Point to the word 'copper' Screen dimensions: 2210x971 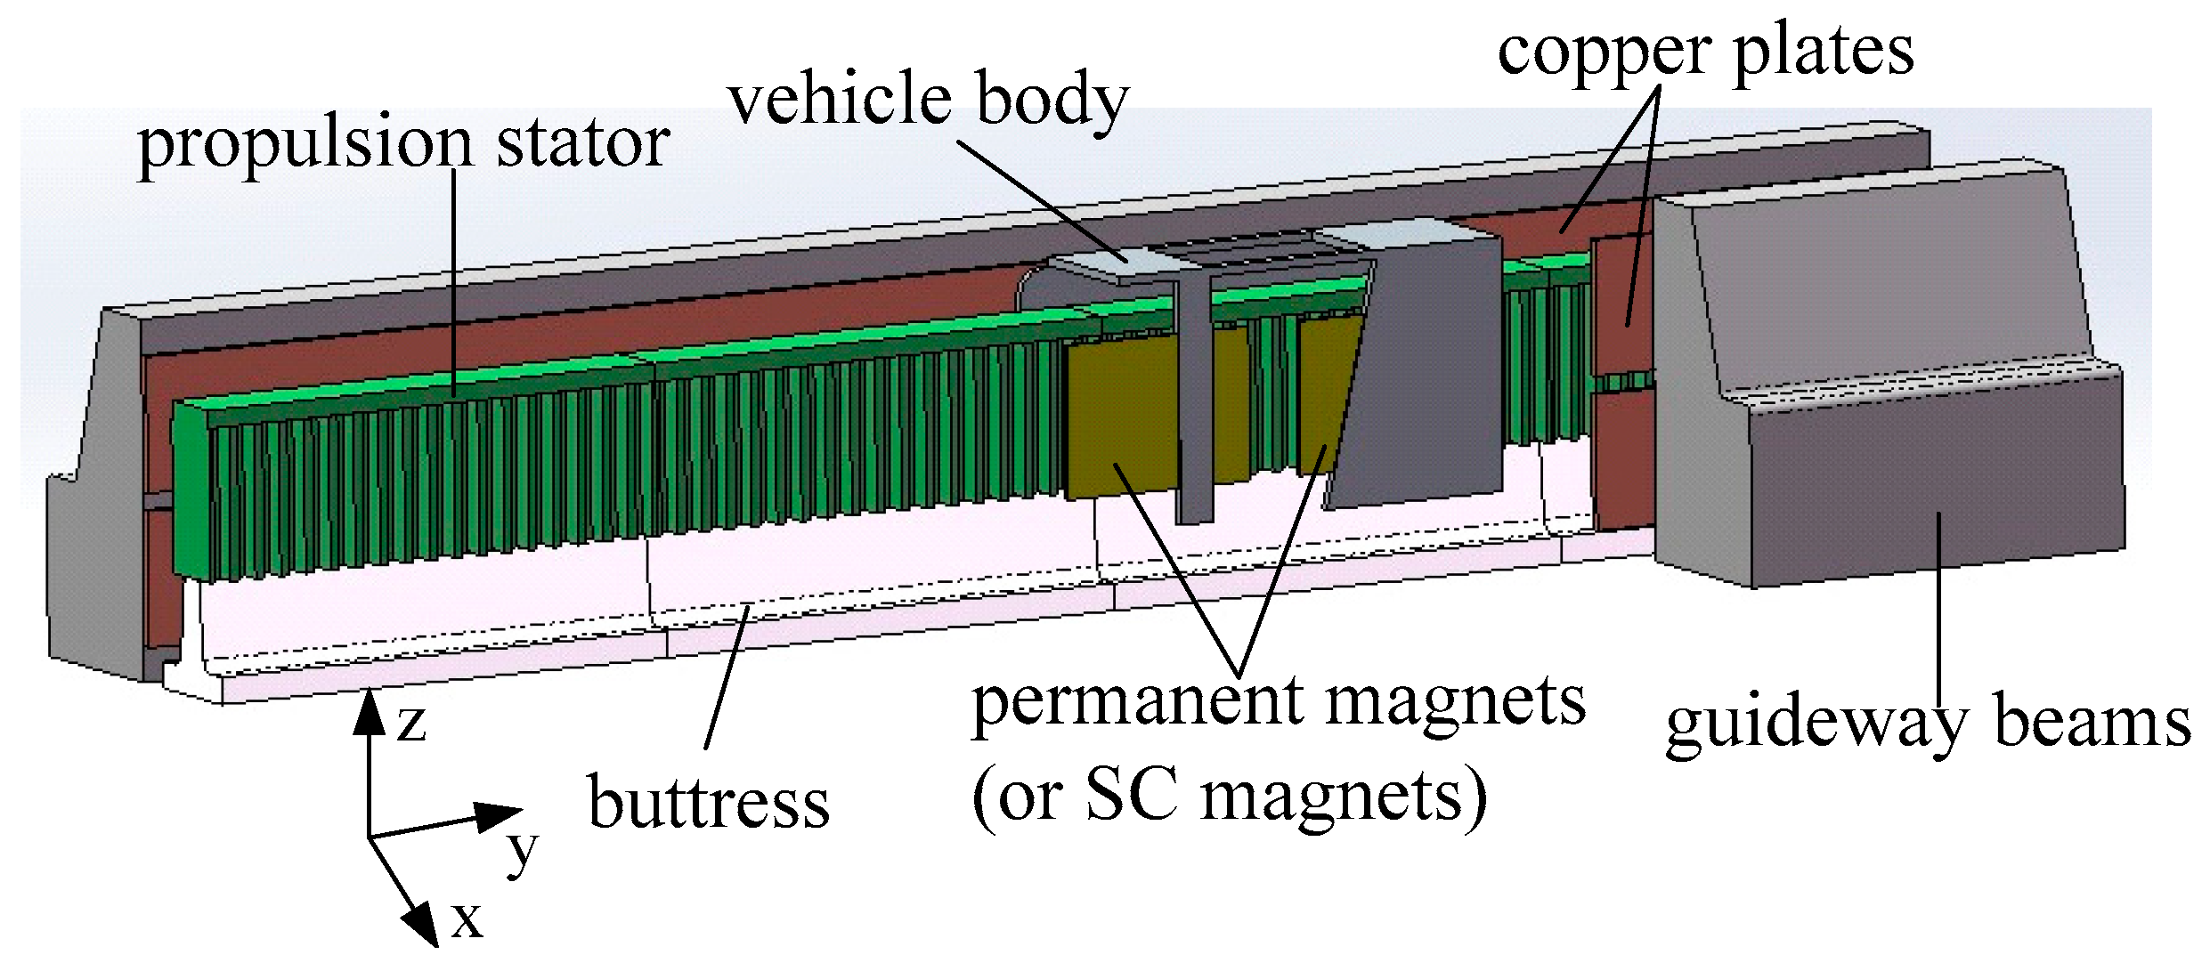(1604, 53)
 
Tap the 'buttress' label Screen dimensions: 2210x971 (709, 804)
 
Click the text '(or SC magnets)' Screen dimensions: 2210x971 (1230, 797)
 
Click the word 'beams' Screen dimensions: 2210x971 (2092, 723)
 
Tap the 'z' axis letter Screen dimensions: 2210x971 (410, 723)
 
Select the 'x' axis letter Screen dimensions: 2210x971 (466, 920)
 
